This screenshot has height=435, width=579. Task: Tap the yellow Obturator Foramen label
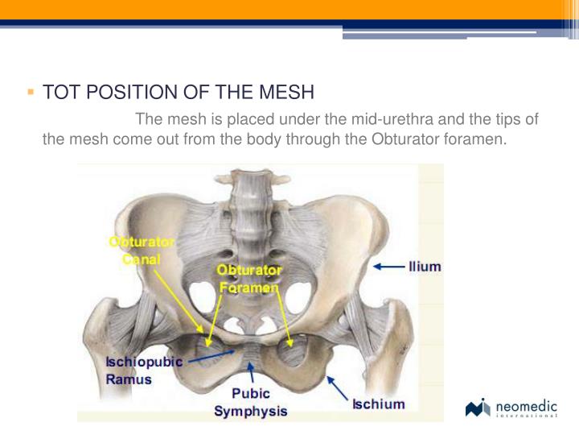[x=248, y=278]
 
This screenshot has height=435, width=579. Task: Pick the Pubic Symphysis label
[x=250, y=403]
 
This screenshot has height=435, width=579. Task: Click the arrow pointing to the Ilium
[x=389, y=267]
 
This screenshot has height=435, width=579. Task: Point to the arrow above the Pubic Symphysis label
[x=252, y=373]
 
